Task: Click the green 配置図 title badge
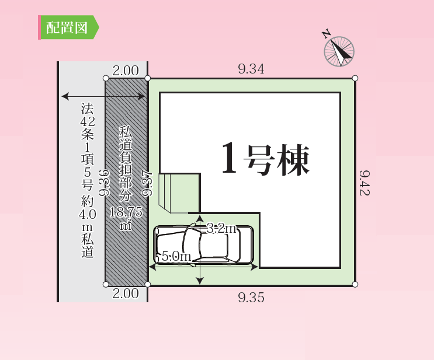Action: pos(68,27)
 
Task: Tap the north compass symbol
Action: pos(339,52)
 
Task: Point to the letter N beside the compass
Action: pos(327,33)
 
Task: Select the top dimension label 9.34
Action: pos(251,69)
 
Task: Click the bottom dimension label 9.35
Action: pos(251,298)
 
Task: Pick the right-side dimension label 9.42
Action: pos(364,183)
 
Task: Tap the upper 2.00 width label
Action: pos(126,71)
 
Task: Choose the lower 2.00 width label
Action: pos(126,293)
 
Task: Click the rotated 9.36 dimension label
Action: pos(105,183)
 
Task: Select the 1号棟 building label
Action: pos(265,159)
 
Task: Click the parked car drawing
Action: pos(203,246)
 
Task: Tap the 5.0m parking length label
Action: pos(176,256)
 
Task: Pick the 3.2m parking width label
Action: pos(222,228)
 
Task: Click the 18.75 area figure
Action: pos(126,212)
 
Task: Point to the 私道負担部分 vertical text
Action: pos(126,164)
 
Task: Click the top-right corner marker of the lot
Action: pos(355,78)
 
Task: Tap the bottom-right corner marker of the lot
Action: pos(355,284)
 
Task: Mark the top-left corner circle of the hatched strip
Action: pos(106,78)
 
